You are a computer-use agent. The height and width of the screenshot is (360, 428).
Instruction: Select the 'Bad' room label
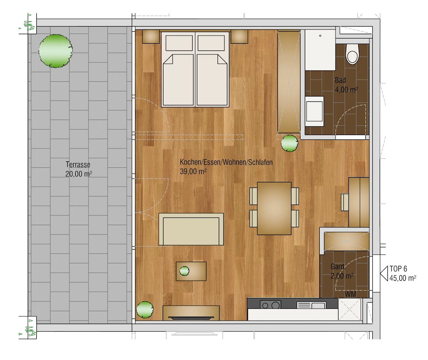pyautogui.click(x=340, y=80)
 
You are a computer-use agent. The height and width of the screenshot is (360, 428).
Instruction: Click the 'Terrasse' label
pyautogui.click(x=78, y=164)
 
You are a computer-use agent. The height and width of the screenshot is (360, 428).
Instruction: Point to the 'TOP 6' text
pyautogui.click(x=398, y=269)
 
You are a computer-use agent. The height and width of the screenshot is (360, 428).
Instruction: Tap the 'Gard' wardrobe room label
pyautogui.click(x=337, y=267)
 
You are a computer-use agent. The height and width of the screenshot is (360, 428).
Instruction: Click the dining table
pyautogui.click(x=274, y=208)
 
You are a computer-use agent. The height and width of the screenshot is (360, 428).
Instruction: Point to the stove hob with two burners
pyautogui.click(x=270, y=305)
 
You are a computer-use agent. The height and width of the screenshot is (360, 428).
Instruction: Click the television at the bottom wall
pyautogui.click(x=191, y=317)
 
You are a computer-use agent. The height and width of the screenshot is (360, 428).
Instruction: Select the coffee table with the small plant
pyautogui.click(x=191, y=271)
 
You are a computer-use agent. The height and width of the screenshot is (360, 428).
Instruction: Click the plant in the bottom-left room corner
pyautogui.click(x=145, y=309)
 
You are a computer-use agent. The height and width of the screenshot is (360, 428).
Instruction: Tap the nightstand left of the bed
pyautogui.click(x=151, y=36)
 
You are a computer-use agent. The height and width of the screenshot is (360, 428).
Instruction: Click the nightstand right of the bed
pyautogui.click(x=239, y=36)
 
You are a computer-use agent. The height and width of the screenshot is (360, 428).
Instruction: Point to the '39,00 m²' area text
pyautogui.click(x=193, y=171)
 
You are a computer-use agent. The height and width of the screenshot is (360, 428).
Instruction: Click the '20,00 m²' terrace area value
pyautogui.click(x=79, y=174)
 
